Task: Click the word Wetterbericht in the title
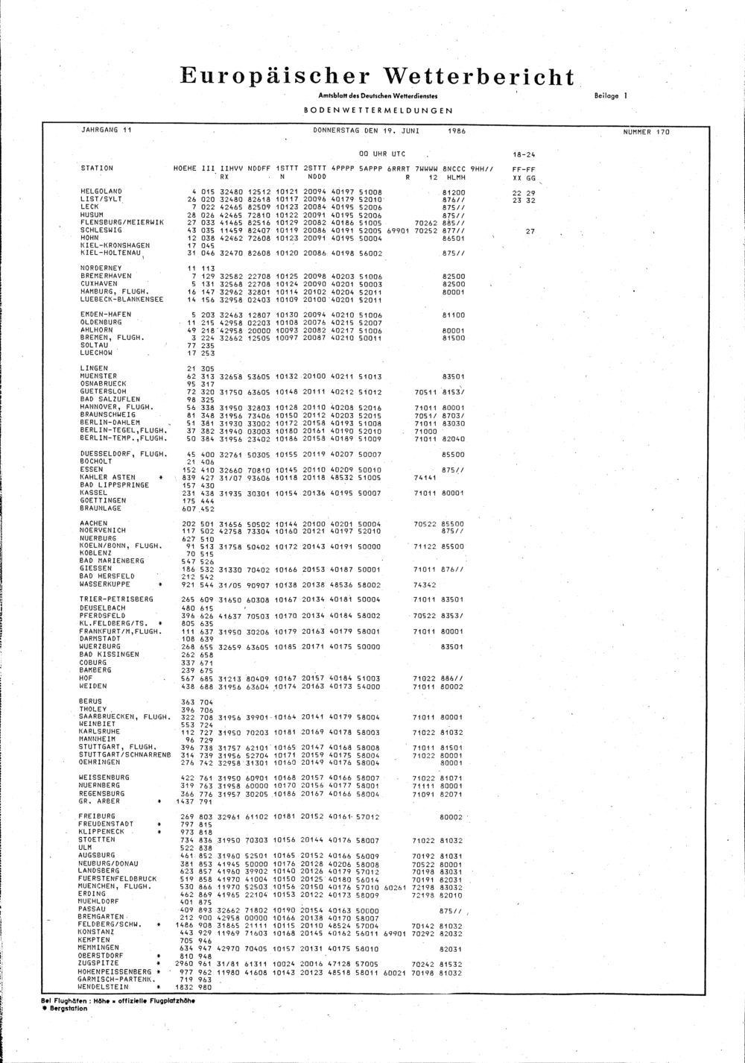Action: [479, 78]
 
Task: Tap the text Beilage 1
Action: [612, 96]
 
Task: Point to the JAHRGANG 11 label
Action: [106, 130]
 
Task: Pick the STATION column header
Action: [97, 168]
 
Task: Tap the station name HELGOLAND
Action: [101, 192]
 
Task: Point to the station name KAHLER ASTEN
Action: [107, 477]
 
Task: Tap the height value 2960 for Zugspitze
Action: [184, 964]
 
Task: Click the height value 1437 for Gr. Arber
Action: [184, 801]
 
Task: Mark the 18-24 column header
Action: [524, 156]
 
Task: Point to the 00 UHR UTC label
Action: [382, 154]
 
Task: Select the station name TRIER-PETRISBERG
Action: [116, 599]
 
